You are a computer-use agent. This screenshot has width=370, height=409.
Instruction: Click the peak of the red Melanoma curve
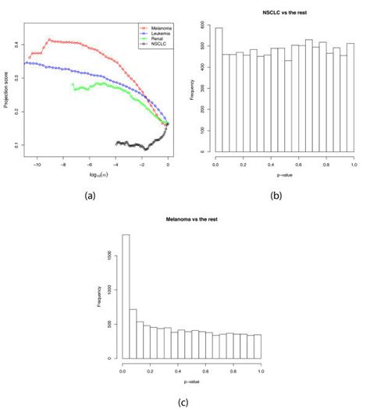48,39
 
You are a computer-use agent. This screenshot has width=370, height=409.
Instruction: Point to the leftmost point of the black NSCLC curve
116,144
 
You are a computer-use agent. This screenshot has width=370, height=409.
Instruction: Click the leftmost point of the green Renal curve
72,84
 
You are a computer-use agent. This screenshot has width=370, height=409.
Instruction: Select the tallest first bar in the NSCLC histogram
219,90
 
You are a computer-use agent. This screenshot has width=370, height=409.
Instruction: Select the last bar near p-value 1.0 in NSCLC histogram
350,97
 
